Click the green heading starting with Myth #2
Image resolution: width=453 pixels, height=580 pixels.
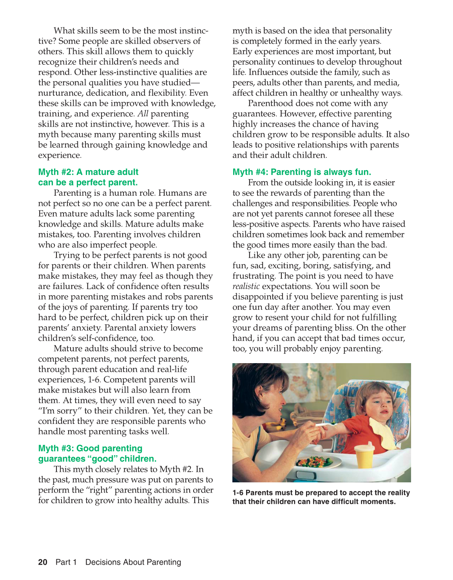click(x=88, y=177)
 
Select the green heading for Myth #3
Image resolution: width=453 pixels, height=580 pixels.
click(x=97, y=453)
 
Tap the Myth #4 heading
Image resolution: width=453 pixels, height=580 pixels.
click(x=301, y=172)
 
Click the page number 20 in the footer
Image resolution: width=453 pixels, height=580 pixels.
click(x=43, y=562)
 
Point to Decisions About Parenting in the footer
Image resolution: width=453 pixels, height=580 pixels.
click(x=133, y=562)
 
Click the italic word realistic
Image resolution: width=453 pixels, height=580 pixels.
click(x=246, y=286)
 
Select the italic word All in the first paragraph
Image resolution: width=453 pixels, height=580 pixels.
click(x=143, y=114)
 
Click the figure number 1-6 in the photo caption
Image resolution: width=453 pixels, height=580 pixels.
click(x=238, y=493)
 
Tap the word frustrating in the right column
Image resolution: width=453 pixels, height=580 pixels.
click(x=254, y=276)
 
